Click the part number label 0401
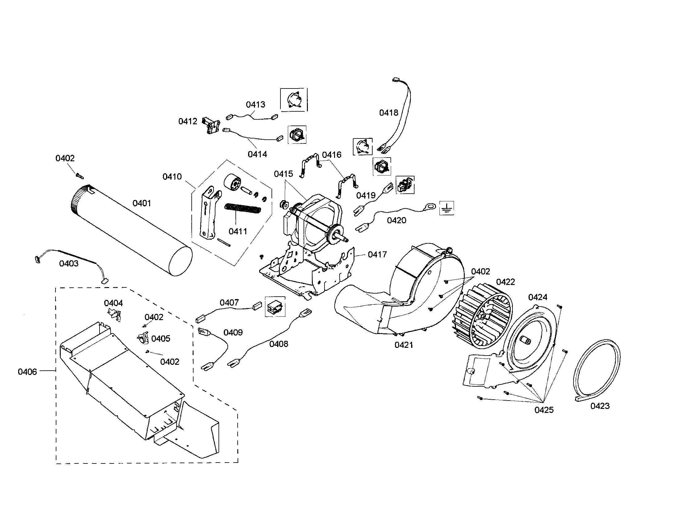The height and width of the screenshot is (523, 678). (x=141, y=203)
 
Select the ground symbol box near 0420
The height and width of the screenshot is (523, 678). (x=447, y=208)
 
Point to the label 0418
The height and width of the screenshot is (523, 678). (x=388, y=113)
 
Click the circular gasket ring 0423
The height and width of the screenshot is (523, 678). (x=596, y=369)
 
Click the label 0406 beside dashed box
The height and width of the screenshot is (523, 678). (x=27, y=372)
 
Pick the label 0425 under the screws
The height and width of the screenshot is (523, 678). (x=544, y=410)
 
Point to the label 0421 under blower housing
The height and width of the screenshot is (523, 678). (x=404, y=345)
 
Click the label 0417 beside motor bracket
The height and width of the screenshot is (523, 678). (x=377, y=254)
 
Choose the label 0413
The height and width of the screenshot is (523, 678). (x=255, y=105)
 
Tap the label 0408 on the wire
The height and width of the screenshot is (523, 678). (x=279, y=344)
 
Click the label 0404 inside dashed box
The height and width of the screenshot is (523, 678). (x=113, y=303)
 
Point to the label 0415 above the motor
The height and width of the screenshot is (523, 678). (x=283, y=174)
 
